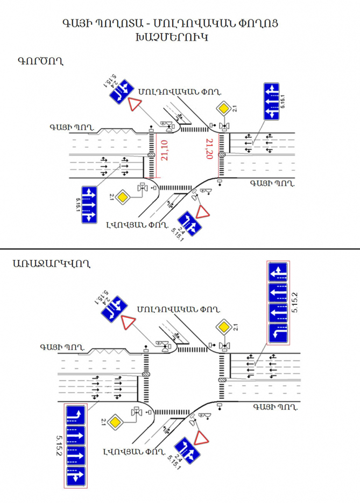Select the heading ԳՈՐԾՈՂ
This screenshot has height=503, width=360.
pyautogui.click(x=40, y=60)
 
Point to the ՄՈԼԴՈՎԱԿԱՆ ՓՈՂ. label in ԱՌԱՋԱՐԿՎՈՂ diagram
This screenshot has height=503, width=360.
pyautogui.click(x=179, y=310)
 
